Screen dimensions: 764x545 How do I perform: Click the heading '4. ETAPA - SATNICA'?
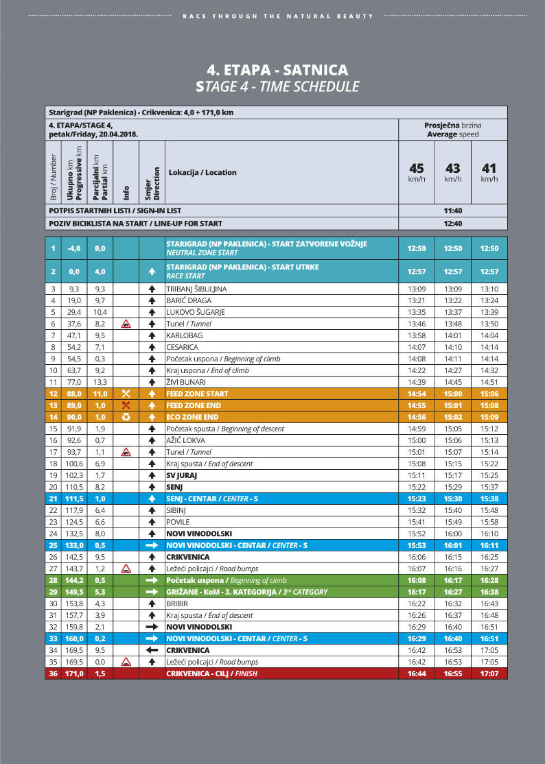(x=277, y=70)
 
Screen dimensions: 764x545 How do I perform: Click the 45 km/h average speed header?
(x=417, y=172)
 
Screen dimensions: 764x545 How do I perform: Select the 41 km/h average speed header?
(x=489, y=172)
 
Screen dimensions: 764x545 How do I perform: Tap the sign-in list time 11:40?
(x=452, y=211)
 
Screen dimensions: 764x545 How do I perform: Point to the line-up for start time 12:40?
(x=452, y=224)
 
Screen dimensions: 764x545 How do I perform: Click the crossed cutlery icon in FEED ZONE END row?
(x=126, y=405)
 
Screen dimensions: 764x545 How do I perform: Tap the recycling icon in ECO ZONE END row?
(x=126, y=417)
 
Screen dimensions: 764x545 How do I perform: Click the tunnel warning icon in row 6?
(x=126, y=324)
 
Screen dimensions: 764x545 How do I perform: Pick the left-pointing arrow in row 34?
(x=152, y=650)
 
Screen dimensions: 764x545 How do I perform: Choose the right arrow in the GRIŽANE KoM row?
(x=152, y=592)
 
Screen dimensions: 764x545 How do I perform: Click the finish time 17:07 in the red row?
(x=489, y=673)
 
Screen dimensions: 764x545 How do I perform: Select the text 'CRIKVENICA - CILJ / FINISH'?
(x=208, y=673)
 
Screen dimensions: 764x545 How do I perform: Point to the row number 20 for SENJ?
(x=54, y=487)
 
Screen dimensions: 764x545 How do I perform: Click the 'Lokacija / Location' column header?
(x=202, y=172)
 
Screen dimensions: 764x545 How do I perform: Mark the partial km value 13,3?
(x=100, y=382)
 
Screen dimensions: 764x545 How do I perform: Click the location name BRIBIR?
(x=178, y=604)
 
